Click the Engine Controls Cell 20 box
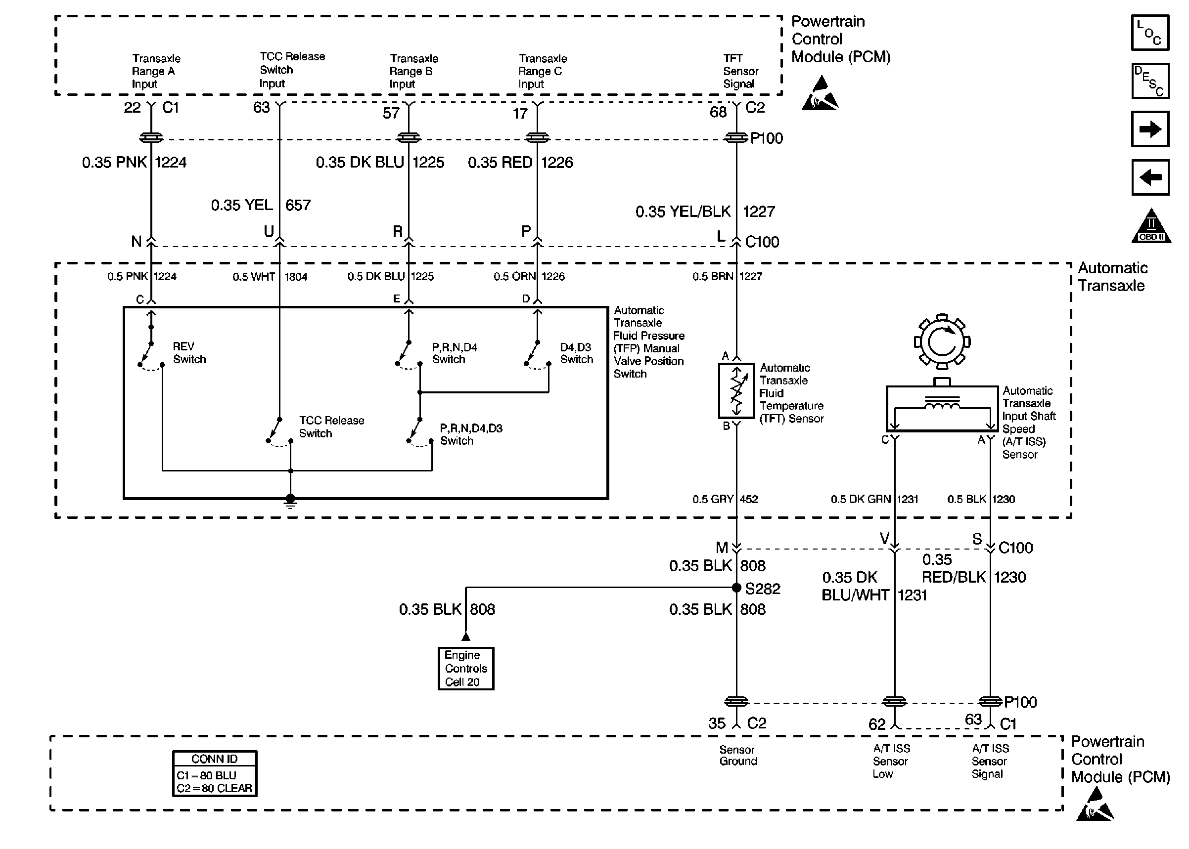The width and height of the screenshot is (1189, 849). pyautogui.click(x=465, y=668)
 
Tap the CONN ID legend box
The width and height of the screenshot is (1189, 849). pyautogui.click(x=215, y=773)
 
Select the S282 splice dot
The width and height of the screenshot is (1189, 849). pyautogui.click(x=736, y=588)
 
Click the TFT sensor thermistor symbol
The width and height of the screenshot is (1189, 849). pyautogui.click(x=736, y=391)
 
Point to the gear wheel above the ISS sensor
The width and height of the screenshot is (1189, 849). pyautogui.click(x=942, y=341)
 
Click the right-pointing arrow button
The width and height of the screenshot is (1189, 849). pyautogui.click(x=1150, y=129)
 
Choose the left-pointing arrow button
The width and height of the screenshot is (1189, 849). pyautogui.click(x=1150, y=177)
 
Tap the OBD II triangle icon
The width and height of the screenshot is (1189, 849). pyautogui.click(x=1151, y=227)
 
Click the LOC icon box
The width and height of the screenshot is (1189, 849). pyautogui.click(x=1150, y=33)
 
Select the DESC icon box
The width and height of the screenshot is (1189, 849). pyautogui.click(x=1150, y=81)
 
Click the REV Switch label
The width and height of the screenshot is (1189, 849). pyautogui.click(x=189, y=353)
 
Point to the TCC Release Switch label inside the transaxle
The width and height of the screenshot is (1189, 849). pyautogui.click(x=331, y=426)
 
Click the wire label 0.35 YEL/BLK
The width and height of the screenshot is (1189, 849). pyautogui.click(x=683, y=212)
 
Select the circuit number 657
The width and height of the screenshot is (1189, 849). pyautogui.click(x=298, y=205)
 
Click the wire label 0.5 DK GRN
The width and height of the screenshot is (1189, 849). pyautogui.click(x=860, y=499)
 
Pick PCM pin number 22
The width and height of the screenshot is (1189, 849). pyautogui.click(x=132, y=108)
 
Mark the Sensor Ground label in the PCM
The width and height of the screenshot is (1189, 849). pyautogui.click(x=737, y=756)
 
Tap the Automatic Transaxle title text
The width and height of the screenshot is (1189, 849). pyautogui.click(x=1112, y=277)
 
